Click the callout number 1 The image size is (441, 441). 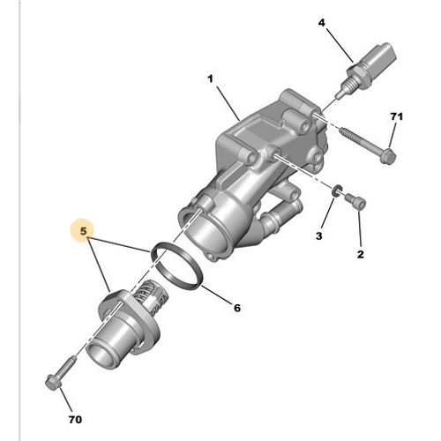(211, 79)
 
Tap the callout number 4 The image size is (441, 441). (321, 22)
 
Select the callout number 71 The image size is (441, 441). (396, 117)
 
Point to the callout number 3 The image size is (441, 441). (320, 235)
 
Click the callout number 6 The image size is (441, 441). (236, 307)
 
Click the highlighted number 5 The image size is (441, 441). (83, 233)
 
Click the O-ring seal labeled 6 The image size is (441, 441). (182, 264)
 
